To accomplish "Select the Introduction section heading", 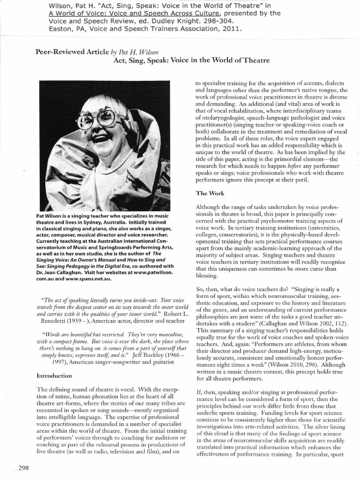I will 54,375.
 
